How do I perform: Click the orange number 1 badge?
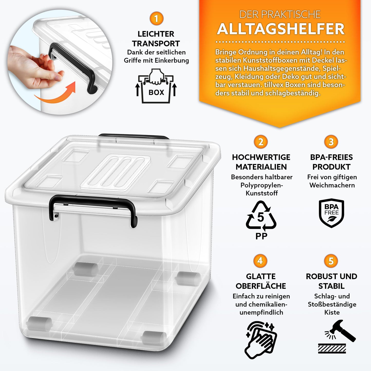point(156,19)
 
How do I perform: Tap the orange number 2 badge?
point(261,142)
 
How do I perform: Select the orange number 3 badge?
point(331,142)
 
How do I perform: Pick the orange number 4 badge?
point(260,261)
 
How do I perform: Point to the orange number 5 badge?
point(331,261)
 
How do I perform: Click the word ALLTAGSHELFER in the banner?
point(281,29)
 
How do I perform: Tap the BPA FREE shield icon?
point(331,213)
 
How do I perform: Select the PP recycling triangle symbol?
point(261,217)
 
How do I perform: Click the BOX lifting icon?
point(156,86)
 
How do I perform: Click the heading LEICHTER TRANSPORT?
point(156,39)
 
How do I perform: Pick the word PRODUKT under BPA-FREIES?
point(331,167)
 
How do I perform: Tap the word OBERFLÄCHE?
point(261,286)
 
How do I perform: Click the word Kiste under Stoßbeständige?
point(332,312)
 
